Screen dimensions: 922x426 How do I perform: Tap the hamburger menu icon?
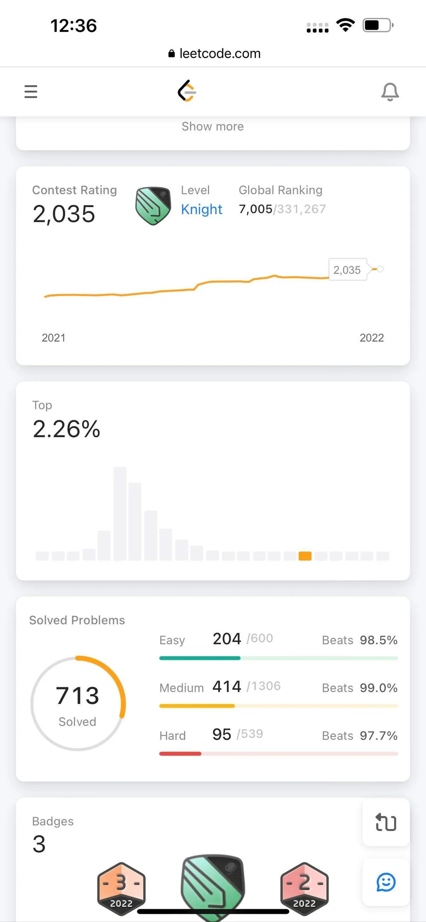(31, 92)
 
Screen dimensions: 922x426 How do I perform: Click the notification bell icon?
(390, 92)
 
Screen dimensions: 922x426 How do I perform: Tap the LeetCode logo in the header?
(187, 91)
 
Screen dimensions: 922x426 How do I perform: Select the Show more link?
(212, 126)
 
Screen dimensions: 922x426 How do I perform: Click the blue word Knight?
(201, 210)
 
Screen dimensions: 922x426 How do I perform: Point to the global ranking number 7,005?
(255, 209)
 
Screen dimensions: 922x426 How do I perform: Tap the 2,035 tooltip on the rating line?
(347, 270)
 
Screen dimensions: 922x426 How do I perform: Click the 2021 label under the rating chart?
(54, 337)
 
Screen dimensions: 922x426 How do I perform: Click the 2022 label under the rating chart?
(372, 337)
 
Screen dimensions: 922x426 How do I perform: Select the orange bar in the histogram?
(305, 556)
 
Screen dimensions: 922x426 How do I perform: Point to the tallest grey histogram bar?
(120, 513)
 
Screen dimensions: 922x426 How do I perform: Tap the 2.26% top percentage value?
(66, 429)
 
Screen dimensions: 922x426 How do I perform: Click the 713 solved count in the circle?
(78, 695)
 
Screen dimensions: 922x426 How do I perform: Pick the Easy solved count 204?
(227, 639)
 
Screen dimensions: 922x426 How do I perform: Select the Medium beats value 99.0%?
(378, 688)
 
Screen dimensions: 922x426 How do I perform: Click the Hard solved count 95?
(222, 734)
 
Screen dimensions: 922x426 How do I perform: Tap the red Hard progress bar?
(180, 753)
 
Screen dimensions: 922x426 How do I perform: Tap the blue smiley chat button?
(386, 882)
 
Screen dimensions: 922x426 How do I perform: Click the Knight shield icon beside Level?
(153, 205)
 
